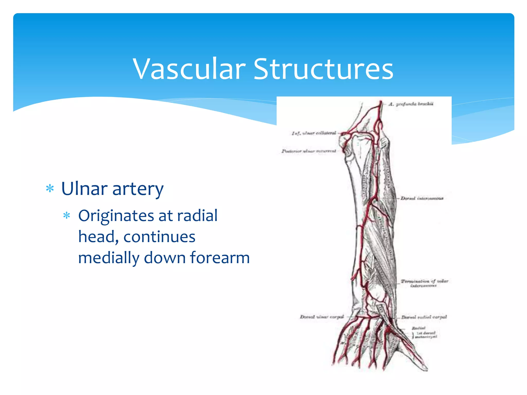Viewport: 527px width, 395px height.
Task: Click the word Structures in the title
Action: tap(323, 69)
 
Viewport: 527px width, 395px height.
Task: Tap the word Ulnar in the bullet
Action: tap(84, 189)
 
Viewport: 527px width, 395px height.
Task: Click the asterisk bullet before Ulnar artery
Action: tap(50, 189)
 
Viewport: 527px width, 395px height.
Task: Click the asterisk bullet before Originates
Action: tap(67, 216)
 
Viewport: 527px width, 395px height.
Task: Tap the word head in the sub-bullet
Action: tap(98, 237)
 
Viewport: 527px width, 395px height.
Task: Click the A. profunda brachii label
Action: tap(411, 104)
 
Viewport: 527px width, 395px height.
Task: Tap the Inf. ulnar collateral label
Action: tap(314, 133)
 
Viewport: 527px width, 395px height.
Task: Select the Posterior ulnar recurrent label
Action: tap(309, 151)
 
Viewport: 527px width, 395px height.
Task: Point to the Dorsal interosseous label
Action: tap(422, 198)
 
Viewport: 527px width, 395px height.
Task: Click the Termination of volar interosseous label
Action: tap(424, 283)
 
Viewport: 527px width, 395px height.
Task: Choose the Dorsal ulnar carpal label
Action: tap(322, 317)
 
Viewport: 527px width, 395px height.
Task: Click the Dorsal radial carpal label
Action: tap(424, 317)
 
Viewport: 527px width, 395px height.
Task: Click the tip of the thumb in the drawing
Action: tap(426, 370)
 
